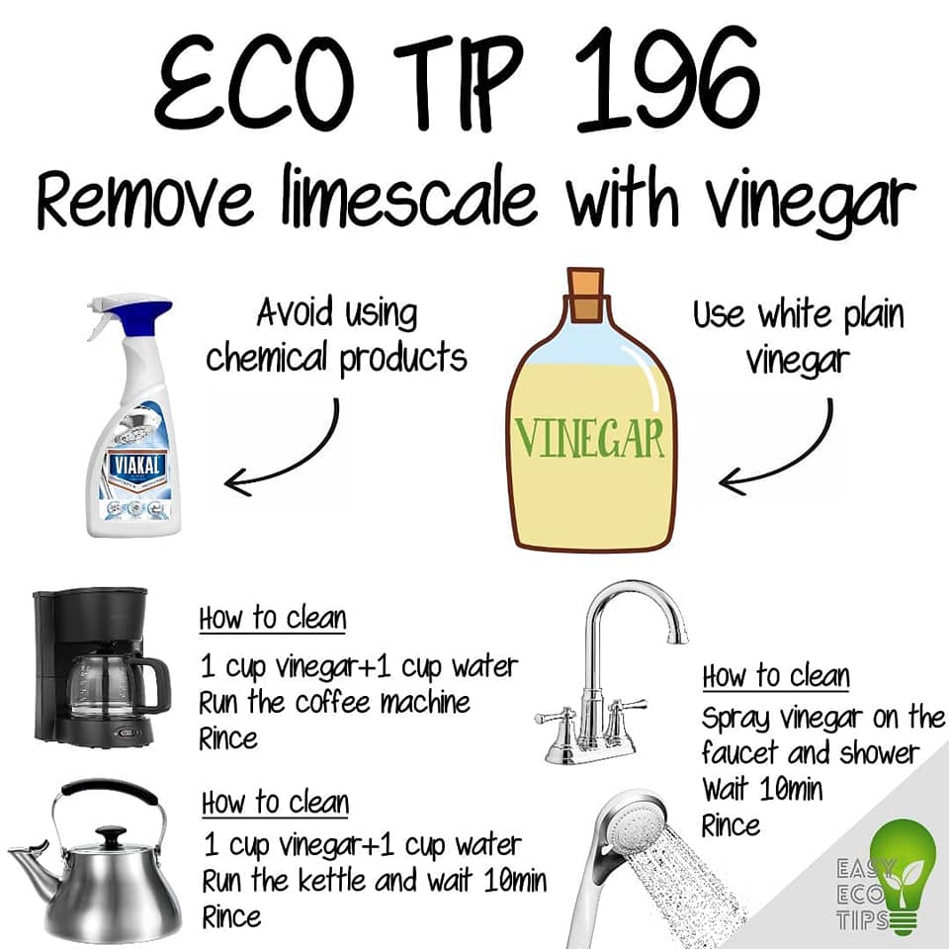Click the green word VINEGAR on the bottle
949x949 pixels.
point(589,437)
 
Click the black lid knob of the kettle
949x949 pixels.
point(113,836)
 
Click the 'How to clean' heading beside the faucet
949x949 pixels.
point(776,675)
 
